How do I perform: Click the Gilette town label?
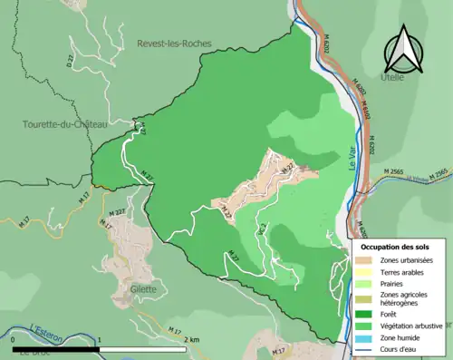143,289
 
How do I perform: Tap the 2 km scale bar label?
190,340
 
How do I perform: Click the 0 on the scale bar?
14,340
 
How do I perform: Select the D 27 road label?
68,61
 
